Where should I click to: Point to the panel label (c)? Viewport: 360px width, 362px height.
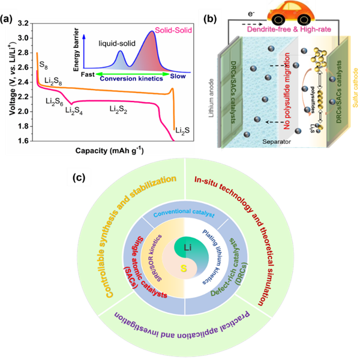pyautogui.click(x=77, y=176)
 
